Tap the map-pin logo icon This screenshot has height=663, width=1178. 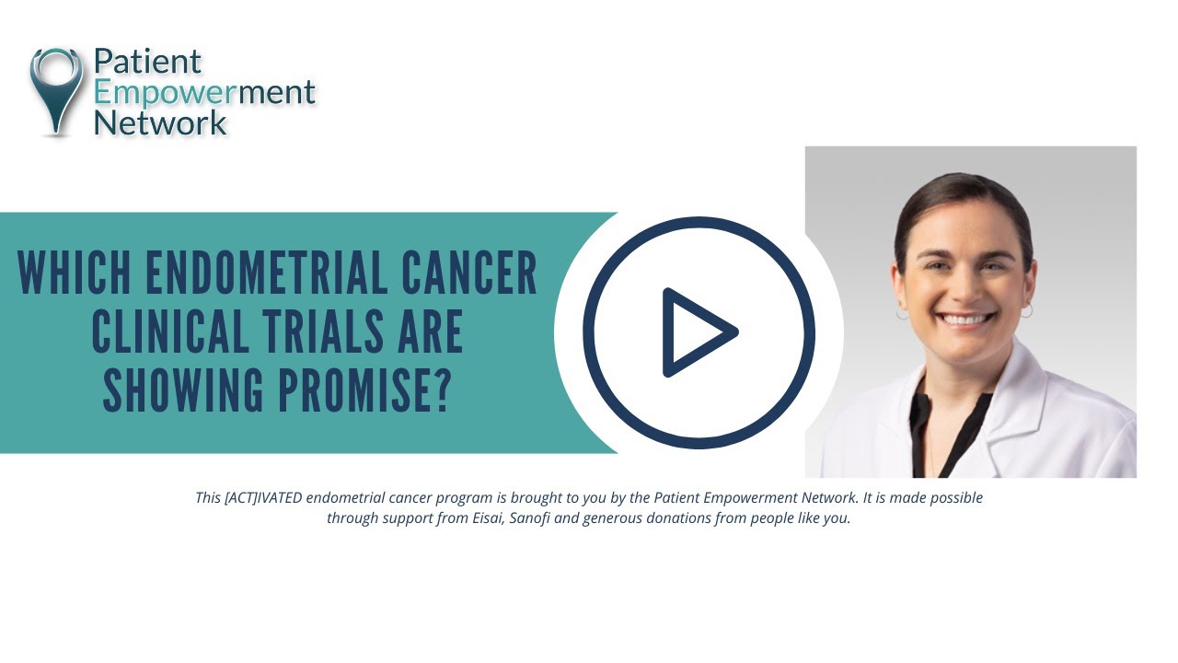coord(56,87)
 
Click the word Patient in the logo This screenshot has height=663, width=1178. coord(147,62)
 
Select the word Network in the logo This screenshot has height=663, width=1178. coord(160,122)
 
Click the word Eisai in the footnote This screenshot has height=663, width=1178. coord(484,518)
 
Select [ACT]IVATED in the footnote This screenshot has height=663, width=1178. coord(263,497)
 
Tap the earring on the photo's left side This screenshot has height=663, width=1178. coord(902,313)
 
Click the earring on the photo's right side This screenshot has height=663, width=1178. coord(1026,311)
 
